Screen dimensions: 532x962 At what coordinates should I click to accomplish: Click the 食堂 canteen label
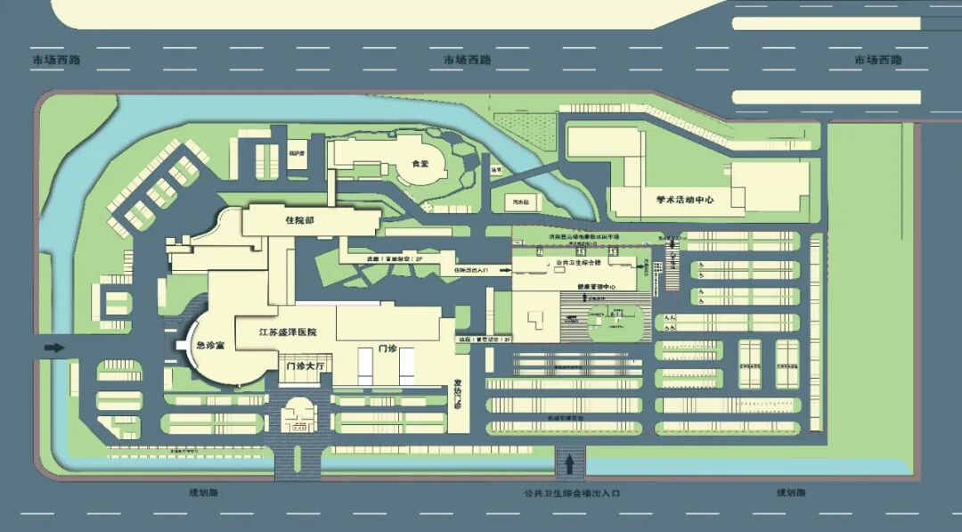[x=420, y=164]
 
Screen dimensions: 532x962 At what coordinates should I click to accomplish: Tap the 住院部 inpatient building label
[x=299, y=219]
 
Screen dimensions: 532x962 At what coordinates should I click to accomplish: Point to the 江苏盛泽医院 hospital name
[x=287, y=332]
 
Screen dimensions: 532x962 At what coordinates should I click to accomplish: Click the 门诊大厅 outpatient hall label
[x=303, y=365]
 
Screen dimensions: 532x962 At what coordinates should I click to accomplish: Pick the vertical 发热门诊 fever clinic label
[x=459, y=392]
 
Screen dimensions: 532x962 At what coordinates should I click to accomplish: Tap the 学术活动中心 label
[x=685, y=201]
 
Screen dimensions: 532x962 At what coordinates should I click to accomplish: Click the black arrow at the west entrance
[x=54, y=348]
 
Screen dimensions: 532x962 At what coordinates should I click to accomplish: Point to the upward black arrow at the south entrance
[x=569, y=464]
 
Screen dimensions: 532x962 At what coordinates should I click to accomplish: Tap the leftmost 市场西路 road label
[x=56, y=60]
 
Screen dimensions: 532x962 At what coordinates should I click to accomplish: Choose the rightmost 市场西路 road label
[x=878, y=60]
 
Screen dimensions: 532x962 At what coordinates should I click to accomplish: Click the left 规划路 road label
[x=203, y=492]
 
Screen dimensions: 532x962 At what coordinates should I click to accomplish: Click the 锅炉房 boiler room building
[x=296, y=153]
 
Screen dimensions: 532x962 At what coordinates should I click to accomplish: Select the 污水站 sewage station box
[x=521, y=202]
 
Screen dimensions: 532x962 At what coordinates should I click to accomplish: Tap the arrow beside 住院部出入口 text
[x=501, y=268]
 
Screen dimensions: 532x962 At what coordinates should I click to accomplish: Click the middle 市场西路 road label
[x=468, y=60]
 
